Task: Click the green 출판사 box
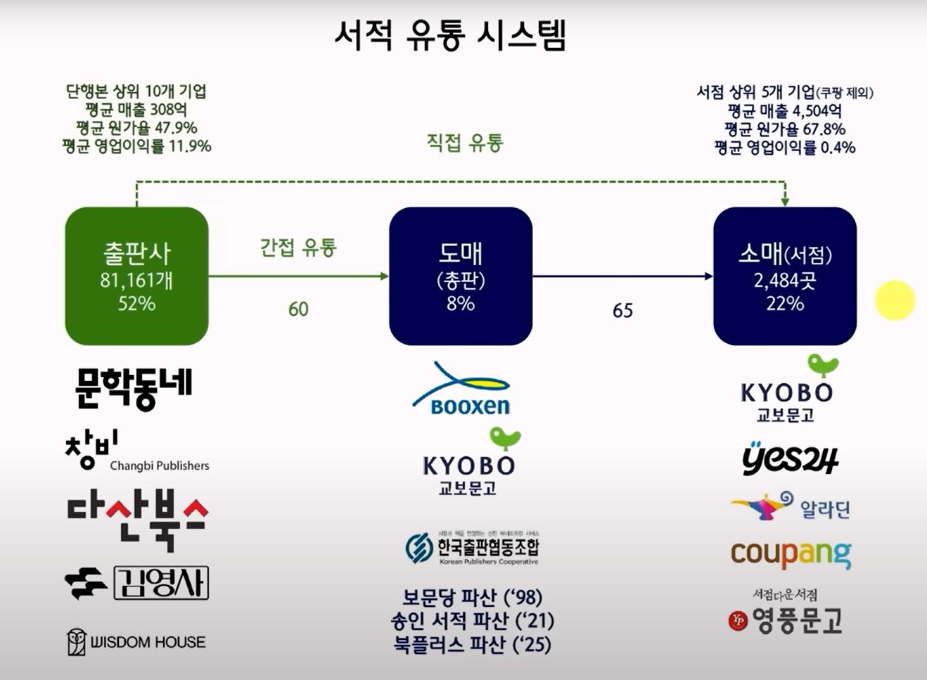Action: (x=136, y=276)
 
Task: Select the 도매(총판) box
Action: (x=461, y=276)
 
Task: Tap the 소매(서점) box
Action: (x=785, y=276)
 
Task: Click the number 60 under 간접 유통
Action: (x=298, y=309)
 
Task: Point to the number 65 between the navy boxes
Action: (x=622, y=310)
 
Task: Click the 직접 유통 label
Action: (x=465, y=143)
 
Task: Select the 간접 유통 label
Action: (x=298, y=248)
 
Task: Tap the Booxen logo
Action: (x=462, y=389)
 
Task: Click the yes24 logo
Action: (x=790, y=458)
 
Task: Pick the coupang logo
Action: (x=791, y=554)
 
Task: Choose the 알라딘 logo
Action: (x=791, y=506)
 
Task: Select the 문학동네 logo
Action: (x=133, y=387)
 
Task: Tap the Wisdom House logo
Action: (x=136, y=641)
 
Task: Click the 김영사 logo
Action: (x=136, y=583)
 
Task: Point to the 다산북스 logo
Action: (x=137, y=520)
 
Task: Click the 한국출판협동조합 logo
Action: (x=472, y=548)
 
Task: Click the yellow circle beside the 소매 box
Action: (x=895, y=300)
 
